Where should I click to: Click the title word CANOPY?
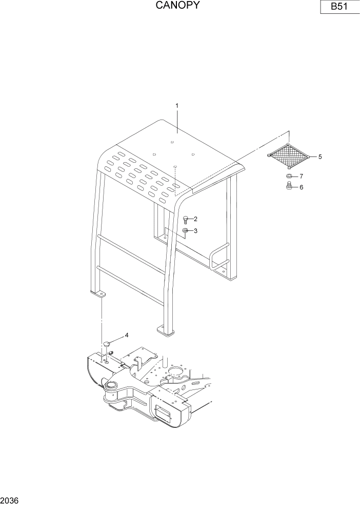(177, 6)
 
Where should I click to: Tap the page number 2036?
(9, 499)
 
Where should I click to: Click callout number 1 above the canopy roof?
(177, 106)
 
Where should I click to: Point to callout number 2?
(195, 219)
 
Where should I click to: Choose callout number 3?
(195, 231)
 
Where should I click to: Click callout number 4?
(127, 335)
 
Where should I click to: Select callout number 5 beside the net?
(319, 156)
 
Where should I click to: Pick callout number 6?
(301, 187)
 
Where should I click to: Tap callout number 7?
(301, 176)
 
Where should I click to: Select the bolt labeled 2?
(185, 220)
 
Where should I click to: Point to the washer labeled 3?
(186, 231)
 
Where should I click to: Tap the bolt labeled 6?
(289, 187)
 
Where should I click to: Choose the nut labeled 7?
(289, 177)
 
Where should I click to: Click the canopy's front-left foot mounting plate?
(99, 295)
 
